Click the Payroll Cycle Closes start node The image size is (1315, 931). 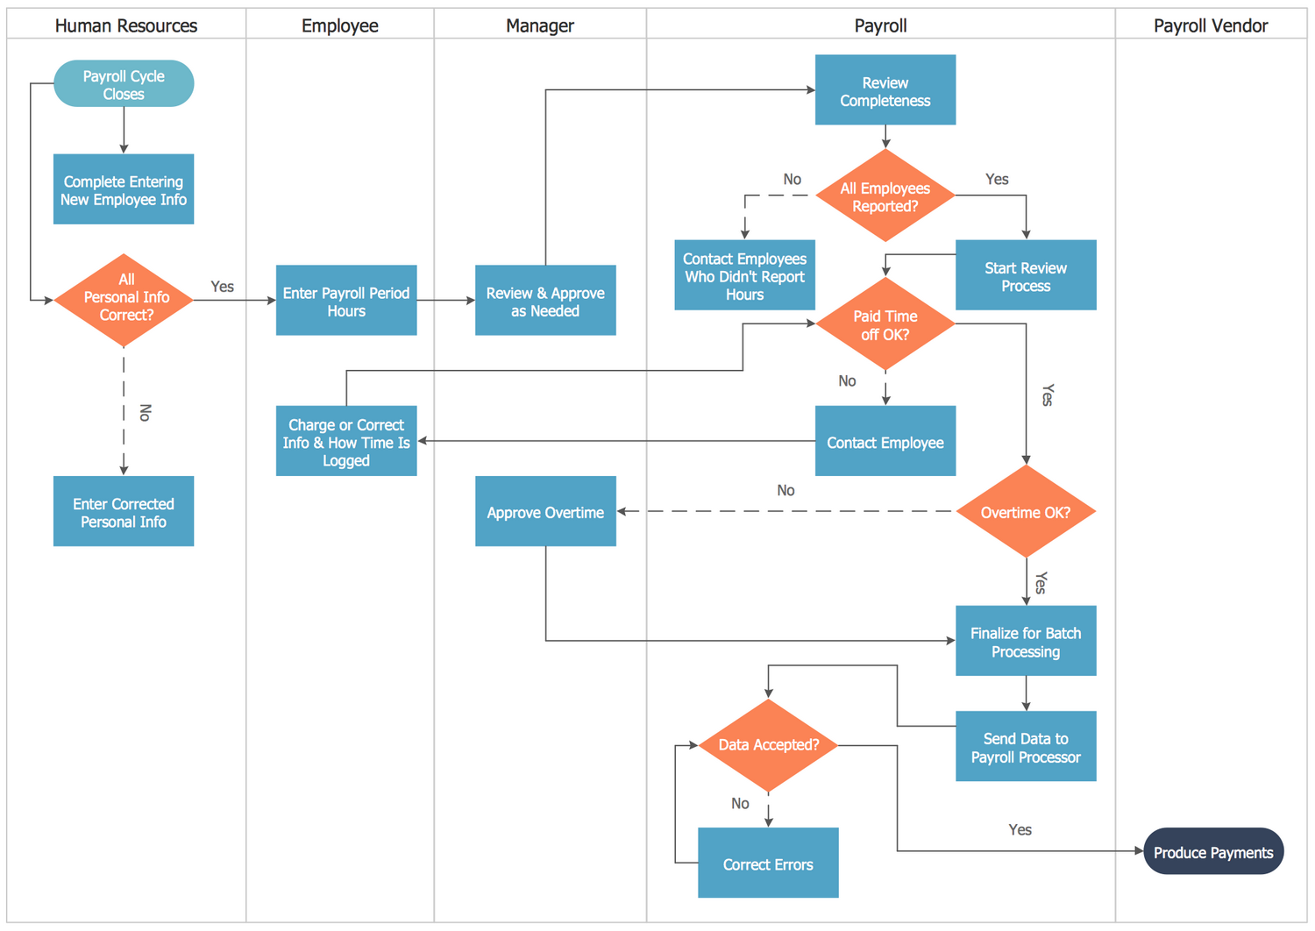[x=124, y=84]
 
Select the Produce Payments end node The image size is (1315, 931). [x=1213, y=851]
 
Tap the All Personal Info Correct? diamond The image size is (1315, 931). [x=124, y=300]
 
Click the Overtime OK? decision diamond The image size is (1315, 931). [x=1026, y=512]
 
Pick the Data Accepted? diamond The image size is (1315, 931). [x=768, y=745]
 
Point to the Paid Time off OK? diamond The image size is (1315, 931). [x=885, y=324]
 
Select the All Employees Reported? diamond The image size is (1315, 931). [x=885, y=196]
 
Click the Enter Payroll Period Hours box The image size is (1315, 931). [x=346, y=301]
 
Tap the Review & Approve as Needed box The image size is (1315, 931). [x=545, y=301]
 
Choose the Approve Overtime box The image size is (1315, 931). [x=545, y=512]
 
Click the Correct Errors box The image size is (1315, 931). [x=768, y=863]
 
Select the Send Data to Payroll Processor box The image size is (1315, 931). [x=1026, y=747]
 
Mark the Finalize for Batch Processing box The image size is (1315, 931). [x=1026, y=642]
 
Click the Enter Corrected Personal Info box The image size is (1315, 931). [x=124, y=512]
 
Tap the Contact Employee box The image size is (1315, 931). [x=885, y=442]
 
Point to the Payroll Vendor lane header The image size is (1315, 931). [x=1211, y=25]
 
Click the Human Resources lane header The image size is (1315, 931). [x=126, y=25]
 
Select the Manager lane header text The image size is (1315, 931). [x=540, y=25]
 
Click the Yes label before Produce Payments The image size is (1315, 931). [x=1020, y=829]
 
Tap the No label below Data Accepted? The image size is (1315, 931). [x=740, y=803]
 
